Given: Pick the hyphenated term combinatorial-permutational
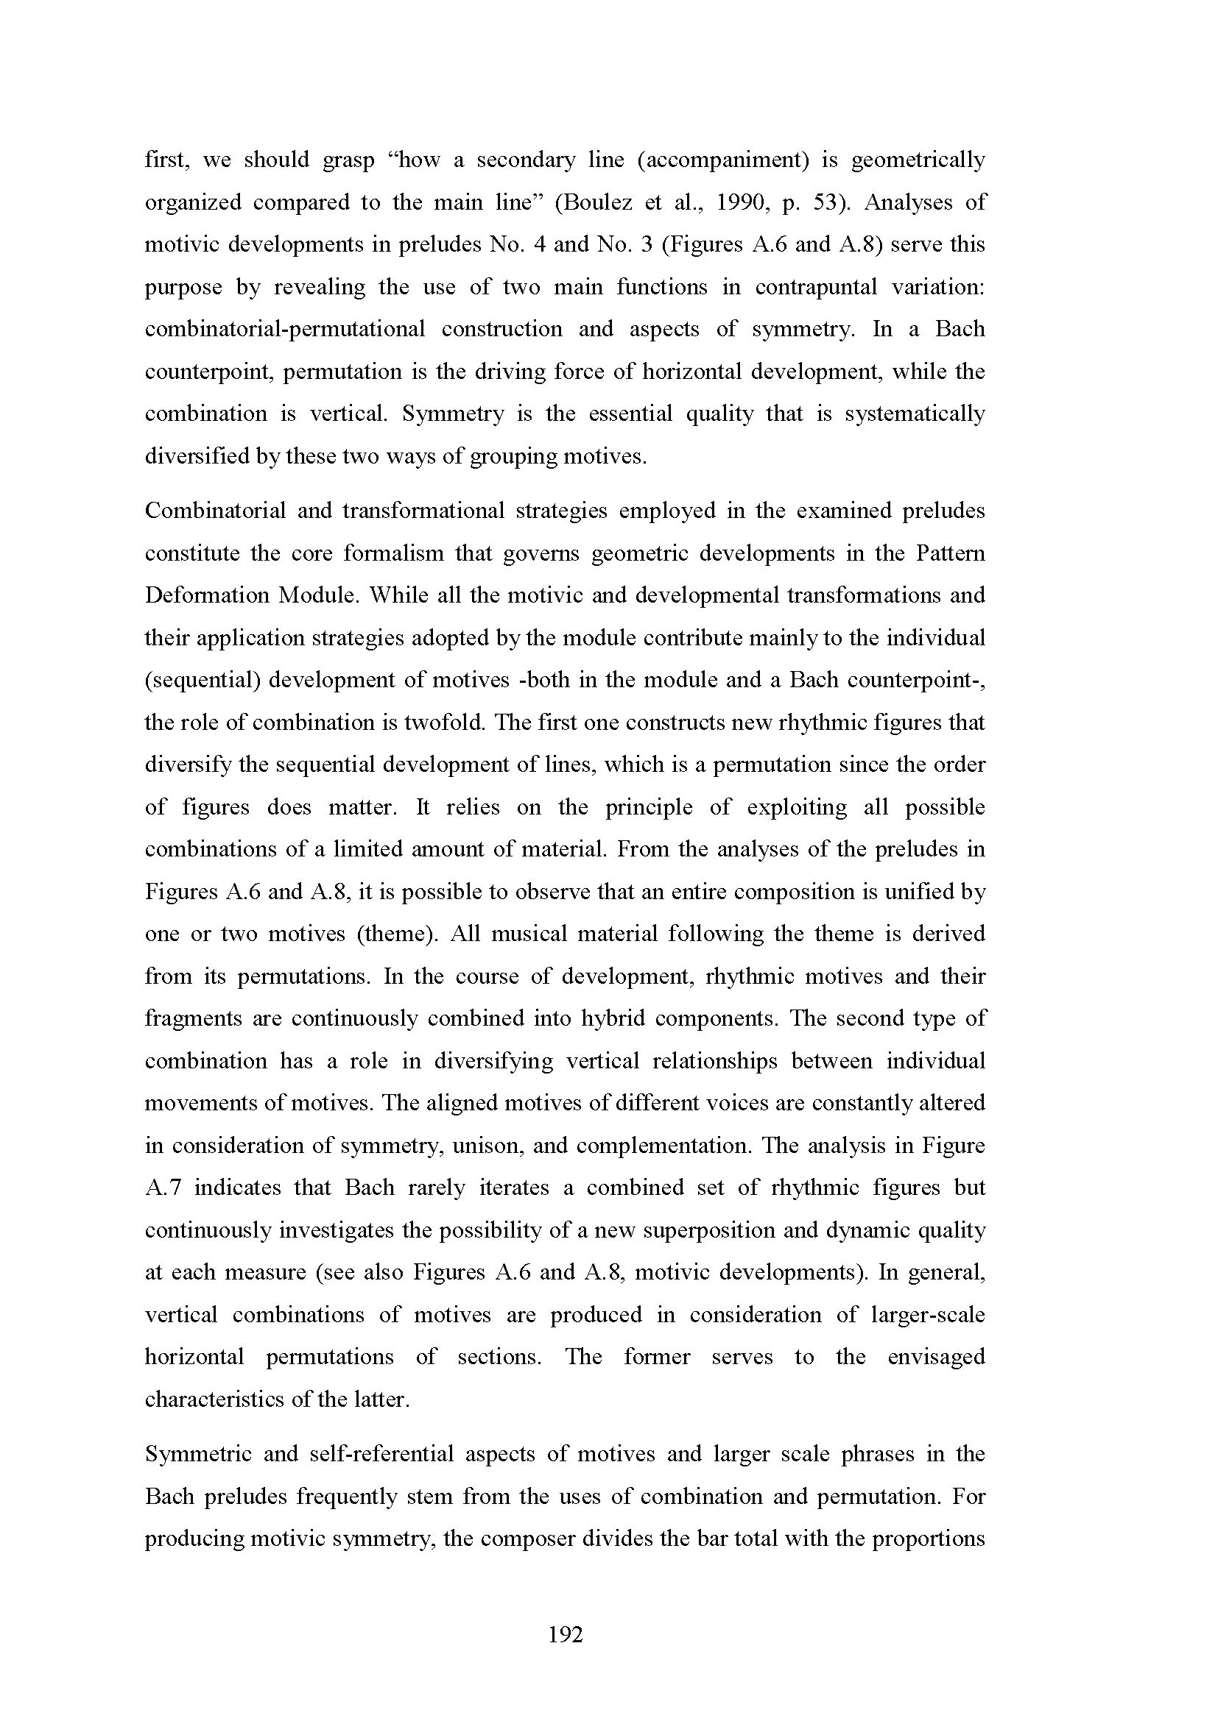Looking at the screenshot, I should pyautogui.click(x=284, y=330).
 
